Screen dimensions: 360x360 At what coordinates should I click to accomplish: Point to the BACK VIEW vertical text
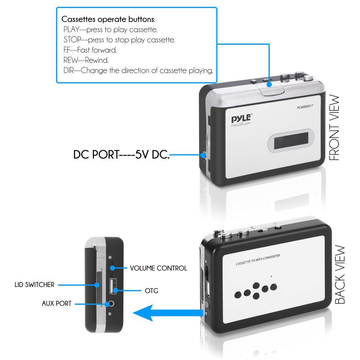coord(341,275)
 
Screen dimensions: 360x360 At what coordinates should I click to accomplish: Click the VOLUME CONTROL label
coord(158,268)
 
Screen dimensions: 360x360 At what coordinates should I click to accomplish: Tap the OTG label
coord(151,290)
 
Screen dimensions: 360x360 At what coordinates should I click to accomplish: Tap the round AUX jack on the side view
coord(112,304)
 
